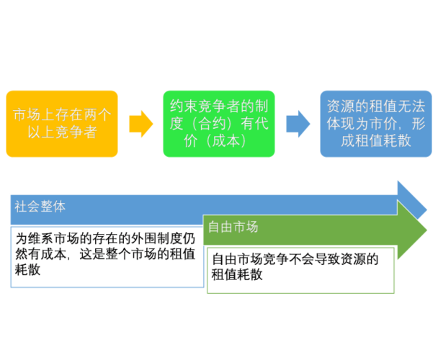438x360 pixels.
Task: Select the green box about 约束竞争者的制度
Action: [218, 123]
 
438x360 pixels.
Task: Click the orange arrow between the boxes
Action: [140, 124]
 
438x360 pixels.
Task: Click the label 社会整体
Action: [40, 206]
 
